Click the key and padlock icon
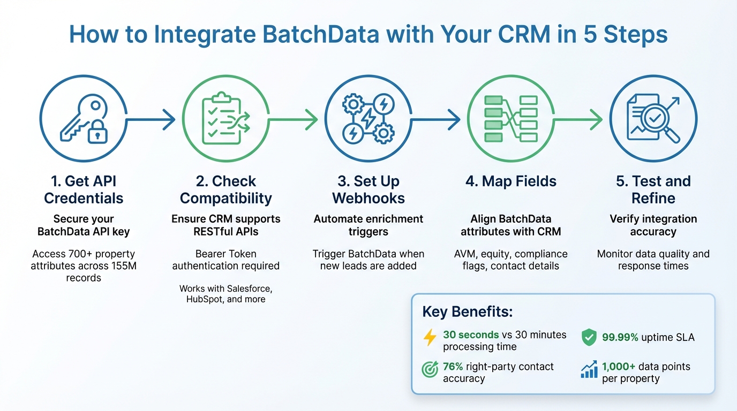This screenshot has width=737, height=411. [83, 119]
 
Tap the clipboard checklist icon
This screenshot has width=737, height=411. [225, 119]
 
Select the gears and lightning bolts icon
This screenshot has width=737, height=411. [368, 119]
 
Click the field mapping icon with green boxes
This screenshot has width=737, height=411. [510, 119]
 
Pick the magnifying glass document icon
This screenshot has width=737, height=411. [653, 119]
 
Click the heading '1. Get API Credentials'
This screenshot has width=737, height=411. [84, 189]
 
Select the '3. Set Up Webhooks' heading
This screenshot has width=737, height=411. [368, 189]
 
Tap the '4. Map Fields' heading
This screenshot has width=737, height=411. [510, 181]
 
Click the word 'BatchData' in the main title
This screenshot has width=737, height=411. [305, 35]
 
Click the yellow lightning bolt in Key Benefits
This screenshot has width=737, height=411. [430, 337]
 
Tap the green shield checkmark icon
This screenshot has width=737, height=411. [589, 337]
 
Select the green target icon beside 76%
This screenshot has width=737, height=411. [430, 370]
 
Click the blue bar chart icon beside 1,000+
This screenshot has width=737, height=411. [589, 370]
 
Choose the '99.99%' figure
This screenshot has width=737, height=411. [620, 337]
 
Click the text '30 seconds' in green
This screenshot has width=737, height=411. [471, 334]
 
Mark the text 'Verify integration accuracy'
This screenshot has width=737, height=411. [653, 225]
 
